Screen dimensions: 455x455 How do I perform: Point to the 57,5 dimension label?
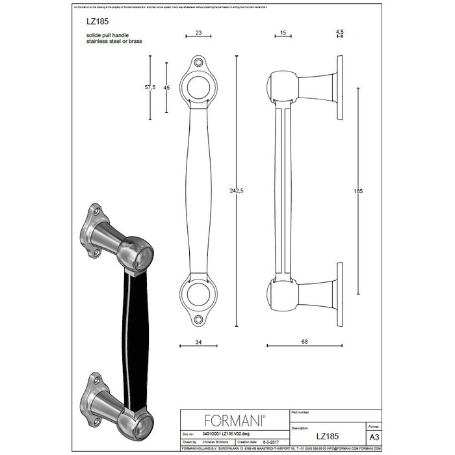(149, 88)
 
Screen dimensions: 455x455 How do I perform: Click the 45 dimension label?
(167, 88)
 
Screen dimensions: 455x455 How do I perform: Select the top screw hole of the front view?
(198, 64)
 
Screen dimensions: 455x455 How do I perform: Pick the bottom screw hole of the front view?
(198, 318)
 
